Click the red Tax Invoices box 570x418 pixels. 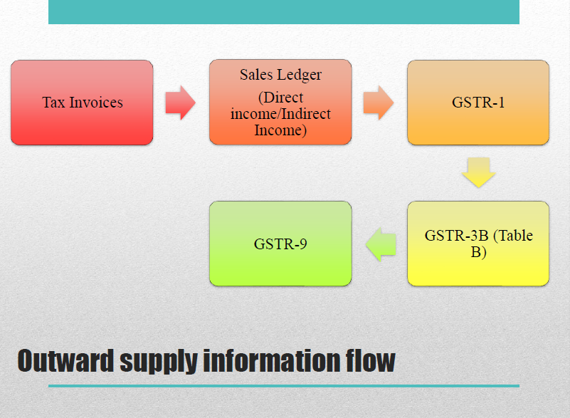point(82,103)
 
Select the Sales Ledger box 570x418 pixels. point(280,103)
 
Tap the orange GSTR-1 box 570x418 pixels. point(478,103)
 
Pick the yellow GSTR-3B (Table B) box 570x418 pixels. point(478,244)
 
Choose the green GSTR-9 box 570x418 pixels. point(280,244)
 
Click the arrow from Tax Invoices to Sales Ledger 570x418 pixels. point(180,103)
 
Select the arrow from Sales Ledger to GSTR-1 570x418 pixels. point(379,103)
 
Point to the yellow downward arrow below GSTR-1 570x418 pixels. point(479,172)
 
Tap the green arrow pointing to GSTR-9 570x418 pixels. point(381,244)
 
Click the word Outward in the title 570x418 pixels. point(65,360)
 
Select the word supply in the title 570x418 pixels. point(159,362)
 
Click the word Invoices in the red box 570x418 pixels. point(96,103)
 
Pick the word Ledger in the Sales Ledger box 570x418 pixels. point(299,75)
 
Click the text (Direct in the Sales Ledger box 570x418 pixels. point(280,98)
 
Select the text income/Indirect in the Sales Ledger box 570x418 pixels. point(280,114)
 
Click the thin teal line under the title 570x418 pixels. point(284,386)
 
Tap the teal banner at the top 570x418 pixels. point(284,12)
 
